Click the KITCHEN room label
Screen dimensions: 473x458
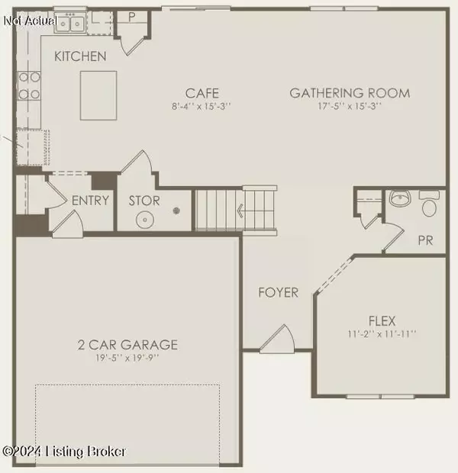coord(80,56)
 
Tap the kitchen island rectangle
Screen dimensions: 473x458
coord(98,95)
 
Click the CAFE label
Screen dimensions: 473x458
coord(201,93)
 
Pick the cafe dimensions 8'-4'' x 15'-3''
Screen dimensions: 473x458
coord(201,106)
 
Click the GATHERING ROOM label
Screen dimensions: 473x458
coord(350,93)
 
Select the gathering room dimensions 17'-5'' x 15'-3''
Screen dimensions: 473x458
coord(350,106)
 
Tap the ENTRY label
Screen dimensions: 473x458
coord(91,201)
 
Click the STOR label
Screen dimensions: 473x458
coord(144,201)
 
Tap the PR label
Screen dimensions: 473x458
coord(426,240)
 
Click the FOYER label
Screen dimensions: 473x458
coord(277,292)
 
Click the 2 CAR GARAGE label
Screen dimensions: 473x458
coord(127,345)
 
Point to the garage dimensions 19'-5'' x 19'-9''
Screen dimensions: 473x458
coord(127,359)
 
